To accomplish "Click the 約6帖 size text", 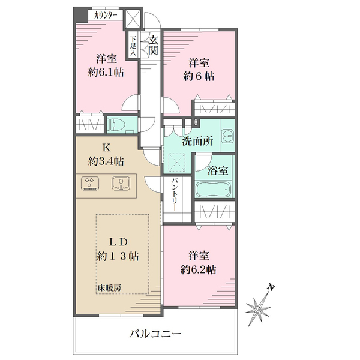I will pyautogui.click(x=199, y=76).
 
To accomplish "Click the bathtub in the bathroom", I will pyautogui.click(x=213, y=190).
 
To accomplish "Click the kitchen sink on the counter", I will pyautogui.click(x=121, y=182).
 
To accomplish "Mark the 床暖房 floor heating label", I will pyautogui.click(x=109, y=288).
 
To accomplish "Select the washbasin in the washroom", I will pyautogui.click(x=227, y=137).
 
